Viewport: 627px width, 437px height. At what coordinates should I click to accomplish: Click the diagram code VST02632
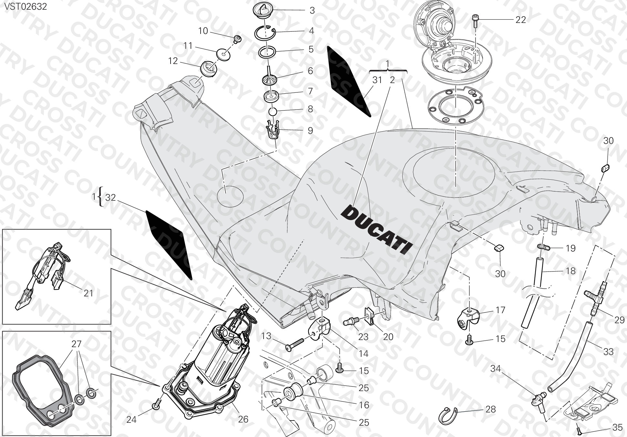pos(25,6)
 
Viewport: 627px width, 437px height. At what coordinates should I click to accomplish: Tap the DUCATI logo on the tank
pos(377,230)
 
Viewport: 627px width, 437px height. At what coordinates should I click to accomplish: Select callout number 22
pos(520,20)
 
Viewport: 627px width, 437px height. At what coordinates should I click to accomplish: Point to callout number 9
pos(310,131)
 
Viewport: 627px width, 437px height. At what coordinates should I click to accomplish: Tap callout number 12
pos(173,61)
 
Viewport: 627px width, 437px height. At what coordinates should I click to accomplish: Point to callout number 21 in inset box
pos(88,293)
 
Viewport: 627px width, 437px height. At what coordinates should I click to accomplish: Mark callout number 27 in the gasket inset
pos(77,344)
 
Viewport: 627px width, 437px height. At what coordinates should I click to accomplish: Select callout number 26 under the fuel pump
pos(243,419)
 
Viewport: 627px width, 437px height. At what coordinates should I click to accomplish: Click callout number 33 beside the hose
pos(608,351)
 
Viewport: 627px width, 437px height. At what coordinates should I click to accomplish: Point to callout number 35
pos(617,428)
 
